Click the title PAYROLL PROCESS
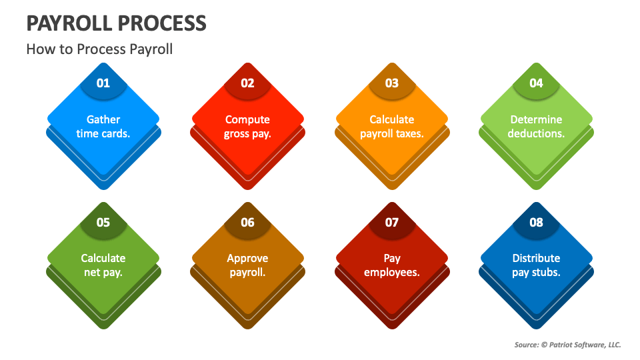click(x=116, y=23)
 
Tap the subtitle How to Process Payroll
click(x=99, y=49)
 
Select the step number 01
click(x=103, y=83)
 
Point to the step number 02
click(x=247, y=83)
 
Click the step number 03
click(x=392, y=83)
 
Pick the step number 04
click(x=536, y=83)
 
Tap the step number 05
click(x=103, y=222)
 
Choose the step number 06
click(x=247, y=222)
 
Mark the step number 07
click(x=392, y=222)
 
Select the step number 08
click(x=536, y=222)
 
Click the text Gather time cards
click(x=103, y=126)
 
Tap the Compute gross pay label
click(x=247, y=126)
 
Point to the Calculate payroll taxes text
click(x=392, y=126)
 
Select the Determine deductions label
click(x=536, y=126)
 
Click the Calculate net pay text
click(x=103, y=265)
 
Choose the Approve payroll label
click(x=247, y=265)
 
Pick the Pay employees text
click(x=392, y=265)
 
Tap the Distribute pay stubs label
click(x=536, y=265)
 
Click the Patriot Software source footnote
click(x=567, y=345)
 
